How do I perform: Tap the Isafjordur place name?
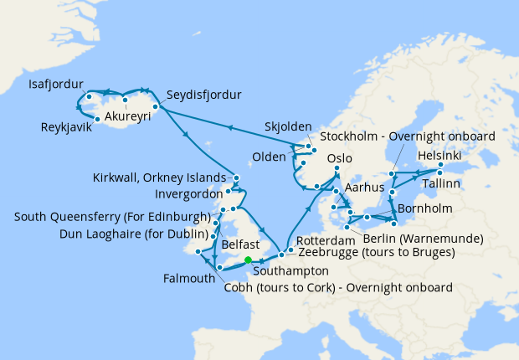point(55,85)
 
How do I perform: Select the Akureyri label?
point(128,116)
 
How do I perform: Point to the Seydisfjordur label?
point(203,94)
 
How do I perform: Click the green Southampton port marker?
point(248,260)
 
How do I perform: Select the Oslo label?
point(341,158)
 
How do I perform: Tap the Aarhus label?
point(363,190)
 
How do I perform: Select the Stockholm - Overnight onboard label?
point(408,136)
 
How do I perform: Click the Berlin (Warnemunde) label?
point(424,238)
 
